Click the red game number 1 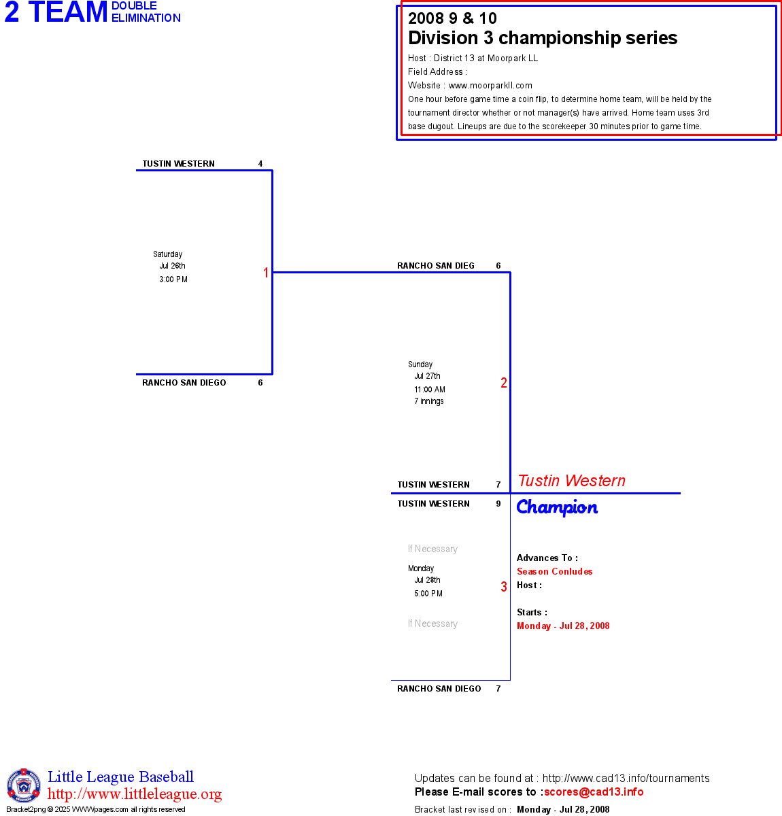tap(266, 273)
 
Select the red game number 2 tap(504, 383)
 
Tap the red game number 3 tap(504, 587)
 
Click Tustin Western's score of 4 tap(260, 164)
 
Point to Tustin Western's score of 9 tap(498, 504)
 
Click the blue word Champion tap(557, 507)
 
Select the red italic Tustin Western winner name tap(571, 481)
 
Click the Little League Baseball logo tap(24, 785)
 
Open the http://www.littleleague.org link tap(135, 794)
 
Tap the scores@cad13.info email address tap(594, 792)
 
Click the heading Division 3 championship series tap(543, 38)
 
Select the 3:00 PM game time tap(173, 279)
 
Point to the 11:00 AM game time tap(430, 390)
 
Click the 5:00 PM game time tap(428, 594)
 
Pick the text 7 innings tap(429, 401)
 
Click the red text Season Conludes tap(554, 572)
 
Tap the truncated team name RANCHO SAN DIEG tap(436, 266)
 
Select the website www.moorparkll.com tap(490, 86)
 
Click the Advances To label tap(547, 558)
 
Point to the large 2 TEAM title tap(56, 13)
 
